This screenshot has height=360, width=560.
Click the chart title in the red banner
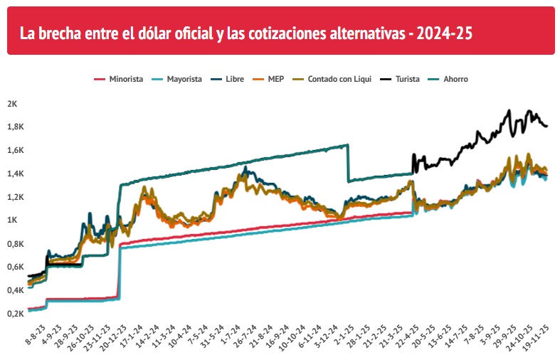coord(246,33)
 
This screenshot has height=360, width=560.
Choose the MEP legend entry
coord(275,79)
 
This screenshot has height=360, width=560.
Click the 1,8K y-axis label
coord(16,127)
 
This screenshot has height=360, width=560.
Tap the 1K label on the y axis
coord(12,221)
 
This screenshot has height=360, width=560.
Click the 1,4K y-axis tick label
coord(16,174)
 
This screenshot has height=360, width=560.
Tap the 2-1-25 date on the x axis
coord(341,333)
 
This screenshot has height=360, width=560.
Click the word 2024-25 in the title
coord(445,33)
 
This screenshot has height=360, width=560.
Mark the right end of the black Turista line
coord(546,126)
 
